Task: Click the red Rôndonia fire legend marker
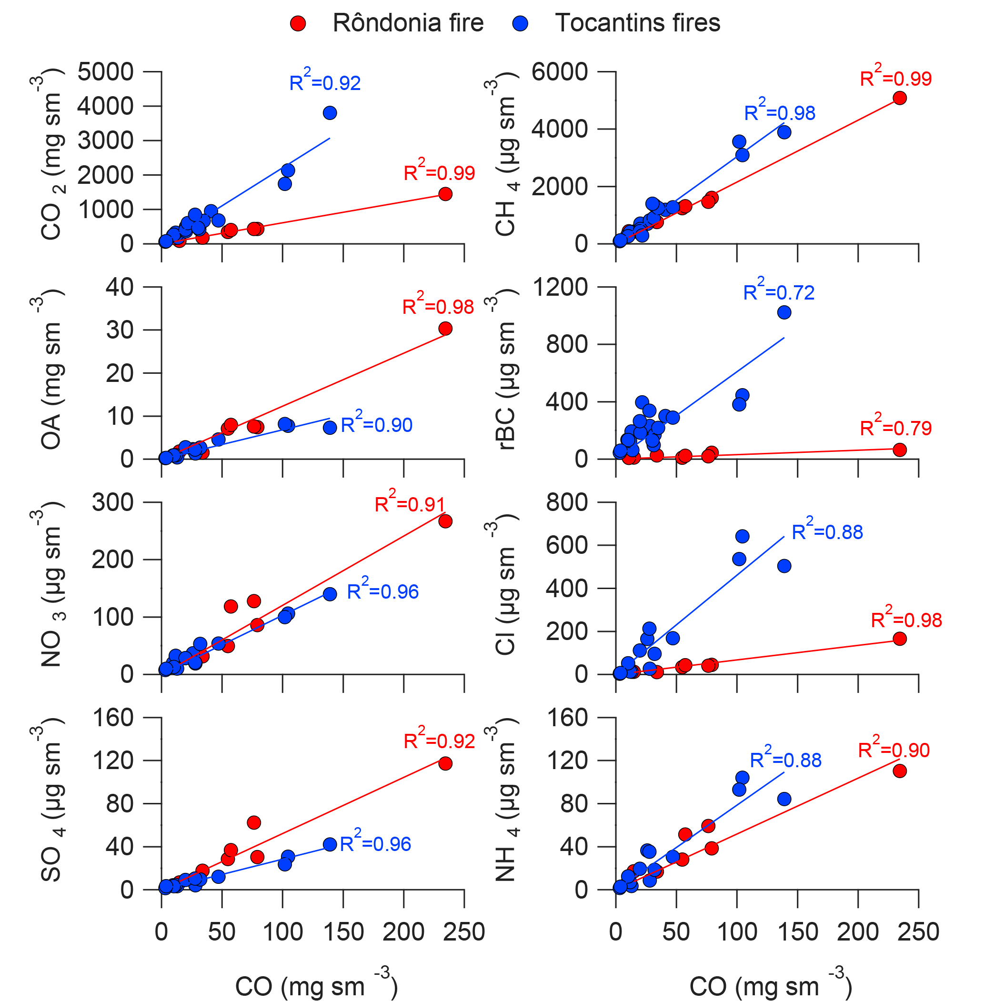click(x=298, y=23)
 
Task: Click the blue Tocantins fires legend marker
click(x=521, y=23)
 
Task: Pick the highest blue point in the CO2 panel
click(x=330, y=113)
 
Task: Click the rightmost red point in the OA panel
click(x=445, y=328)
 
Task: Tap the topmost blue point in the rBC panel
click(x=784, y=312)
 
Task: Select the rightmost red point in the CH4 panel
click(x=900, y=98)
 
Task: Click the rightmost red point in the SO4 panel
click(x=445, y=763)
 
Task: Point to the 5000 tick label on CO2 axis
click(x=105, y=72)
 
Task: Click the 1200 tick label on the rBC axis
click(x=560, y=287)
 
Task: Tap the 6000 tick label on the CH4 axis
click(x=560, y=72)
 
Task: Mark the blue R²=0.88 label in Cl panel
click(x=827, y=531)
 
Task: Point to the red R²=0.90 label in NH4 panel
click(x=894, y=750)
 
